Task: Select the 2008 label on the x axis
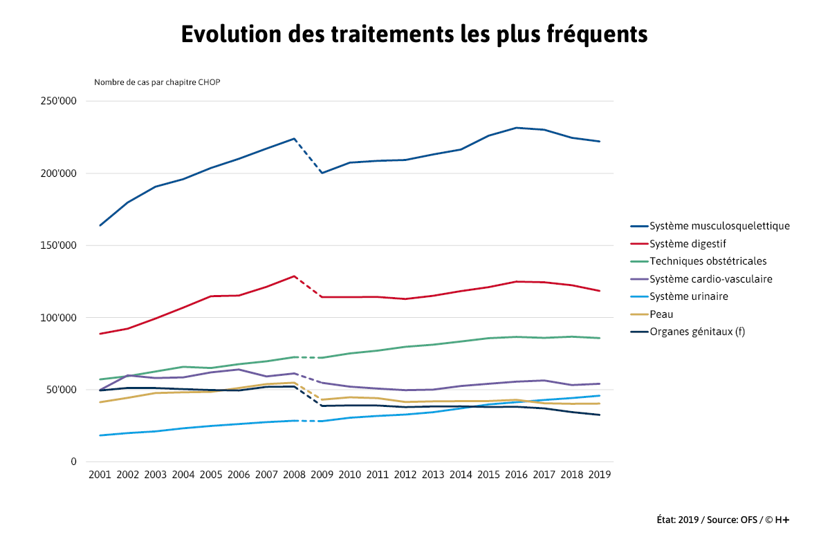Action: (x=294, y=475)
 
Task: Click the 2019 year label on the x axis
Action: (x=599, y=475)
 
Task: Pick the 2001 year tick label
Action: (x=100, y=475)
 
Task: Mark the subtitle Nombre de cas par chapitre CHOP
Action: (x=157, y=82)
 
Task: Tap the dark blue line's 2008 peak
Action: (x=294, y=138)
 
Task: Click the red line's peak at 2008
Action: (x=294, y=276)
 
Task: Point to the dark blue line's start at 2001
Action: (x=100, y=225)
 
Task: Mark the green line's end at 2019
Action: (x=599, y=338)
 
